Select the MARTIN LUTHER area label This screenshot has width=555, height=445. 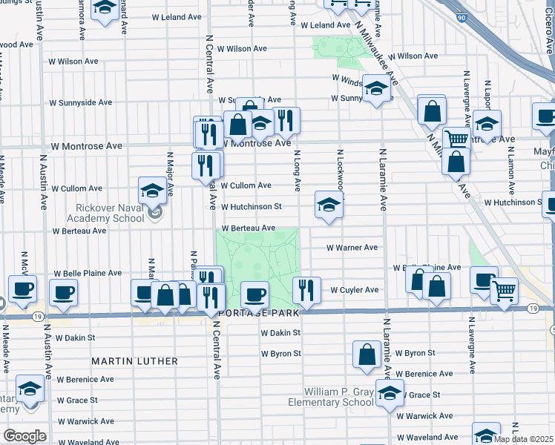coord(134,361)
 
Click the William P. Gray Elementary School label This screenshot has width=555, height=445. coord(338,397)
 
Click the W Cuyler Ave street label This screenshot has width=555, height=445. coord(355,290)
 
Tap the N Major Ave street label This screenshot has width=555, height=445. coord(170,175)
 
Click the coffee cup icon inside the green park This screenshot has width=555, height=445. coord(254,295)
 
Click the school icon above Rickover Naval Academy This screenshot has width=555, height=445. coord(152,190)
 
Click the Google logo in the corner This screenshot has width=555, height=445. coord(25,436)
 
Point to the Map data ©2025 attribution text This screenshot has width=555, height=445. coord(523,439)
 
